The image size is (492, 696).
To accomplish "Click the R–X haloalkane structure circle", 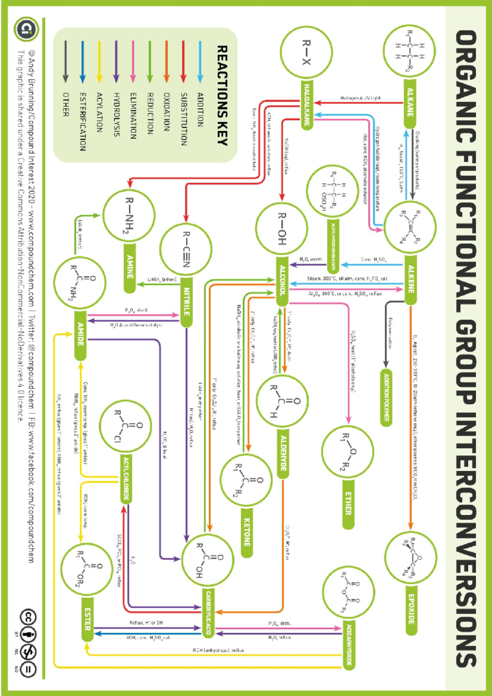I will pos(306,52).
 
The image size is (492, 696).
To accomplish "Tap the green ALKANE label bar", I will pos(410,103).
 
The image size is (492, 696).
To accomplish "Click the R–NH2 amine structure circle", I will pos(129,215).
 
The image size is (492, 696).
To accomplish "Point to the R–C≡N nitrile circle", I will pos(186,249).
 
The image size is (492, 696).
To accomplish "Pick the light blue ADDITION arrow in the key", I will pos(200,62).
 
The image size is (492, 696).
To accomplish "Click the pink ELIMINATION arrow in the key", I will pos(133,62).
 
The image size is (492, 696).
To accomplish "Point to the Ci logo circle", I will pos(27,29).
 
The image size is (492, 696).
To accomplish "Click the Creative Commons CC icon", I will pos(28,617).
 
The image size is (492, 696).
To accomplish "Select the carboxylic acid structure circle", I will pos(208,561).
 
